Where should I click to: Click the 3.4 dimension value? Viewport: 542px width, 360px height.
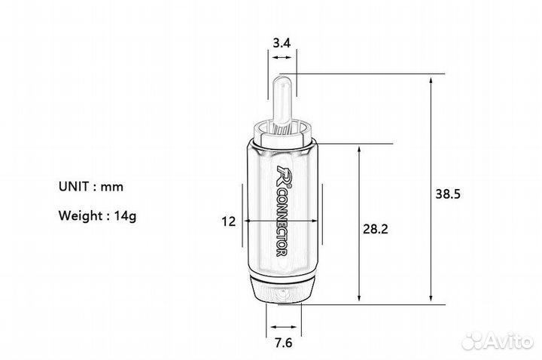point(282,43)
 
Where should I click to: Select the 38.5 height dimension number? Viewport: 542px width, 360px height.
point(448,194)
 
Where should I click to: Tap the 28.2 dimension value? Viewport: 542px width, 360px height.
point(376,229)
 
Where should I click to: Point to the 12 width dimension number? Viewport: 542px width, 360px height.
point(229,221)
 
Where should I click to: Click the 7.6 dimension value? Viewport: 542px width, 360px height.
point(284,343)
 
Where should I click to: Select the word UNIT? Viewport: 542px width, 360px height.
point(73,186)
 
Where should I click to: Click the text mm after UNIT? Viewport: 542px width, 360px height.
point(111,188)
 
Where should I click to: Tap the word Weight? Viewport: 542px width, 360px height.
point(81,216)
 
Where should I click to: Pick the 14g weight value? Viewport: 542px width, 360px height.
point(126,216)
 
